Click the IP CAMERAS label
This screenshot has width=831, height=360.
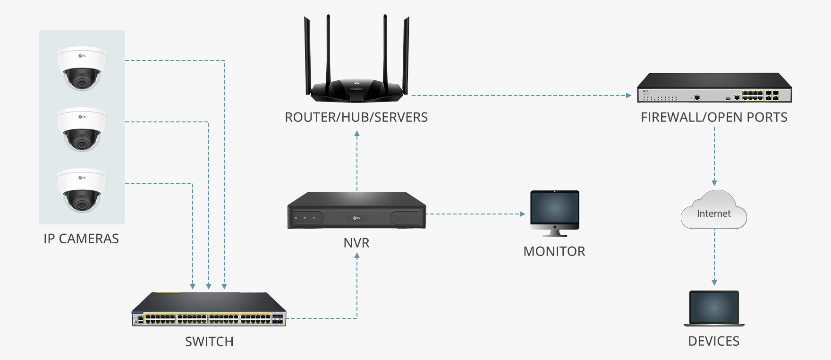tap(81, 239)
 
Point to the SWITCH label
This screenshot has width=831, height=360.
tap(209, 342)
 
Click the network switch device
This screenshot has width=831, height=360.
tap(209, 309)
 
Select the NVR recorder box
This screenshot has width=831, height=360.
tap(356, 211)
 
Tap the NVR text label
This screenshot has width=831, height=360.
tap(356, 243)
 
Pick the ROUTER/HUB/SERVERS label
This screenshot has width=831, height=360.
tap(356, 117)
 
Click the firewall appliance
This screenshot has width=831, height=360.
tap(714, 88)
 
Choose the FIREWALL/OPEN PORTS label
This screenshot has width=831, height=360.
tap(714, 117)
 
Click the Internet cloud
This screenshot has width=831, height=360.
tap(714, 212)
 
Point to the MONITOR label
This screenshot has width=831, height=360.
tap(554, 251)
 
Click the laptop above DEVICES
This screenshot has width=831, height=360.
tap(714, 308)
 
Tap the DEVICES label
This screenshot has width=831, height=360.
tap(714, 341)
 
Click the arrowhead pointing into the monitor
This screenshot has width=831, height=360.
tap(522, 214)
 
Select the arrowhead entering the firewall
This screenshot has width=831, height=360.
tap(628, 95)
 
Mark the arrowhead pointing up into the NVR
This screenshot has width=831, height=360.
tap(357, 256)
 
